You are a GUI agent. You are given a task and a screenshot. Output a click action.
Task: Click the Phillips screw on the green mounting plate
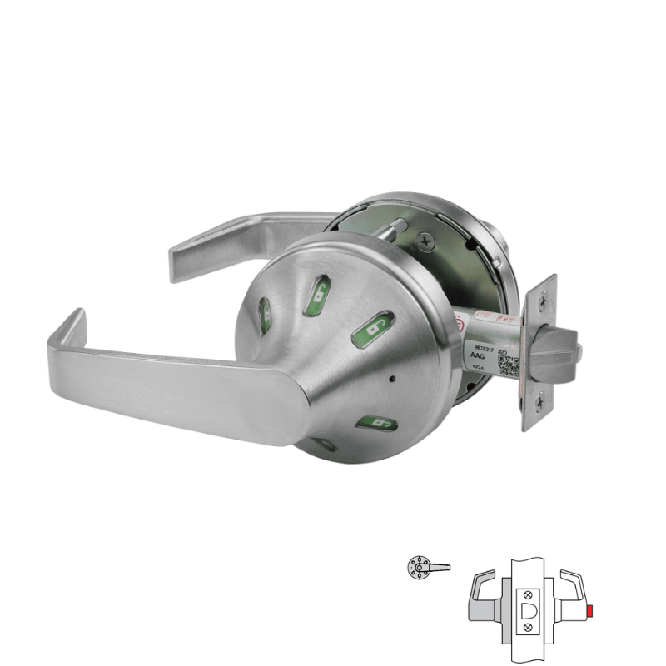(428, 241)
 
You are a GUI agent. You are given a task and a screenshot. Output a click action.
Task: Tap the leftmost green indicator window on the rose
(265, 315)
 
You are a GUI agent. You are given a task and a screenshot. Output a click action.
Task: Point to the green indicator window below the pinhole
(376, 425)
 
